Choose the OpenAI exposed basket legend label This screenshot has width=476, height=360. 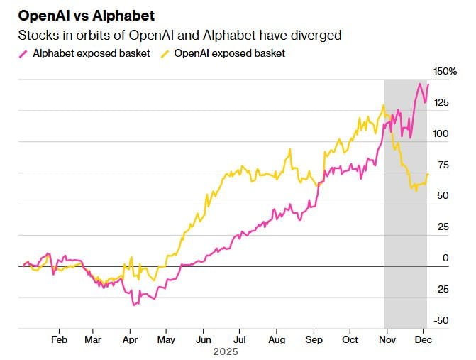tap(230, 53)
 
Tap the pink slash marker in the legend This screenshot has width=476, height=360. tap(24, 53)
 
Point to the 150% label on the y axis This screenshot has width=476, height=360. tap(445, 71)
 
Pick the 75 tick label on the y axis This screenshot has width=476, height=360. tap(443, 165)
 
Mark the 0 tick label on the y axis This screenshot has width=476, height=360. tap(445, 258)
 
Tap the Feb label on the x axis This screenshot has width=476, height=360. tap(59, 339)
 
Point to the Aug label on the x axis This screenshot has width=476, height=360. tap(276, 339)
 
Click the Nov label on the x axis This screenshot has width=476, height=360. tap(387, 339)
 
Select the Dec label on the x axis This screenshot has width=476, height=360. tap(424, 339)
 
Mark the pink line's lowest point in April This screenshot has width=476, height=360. tap(132, 305)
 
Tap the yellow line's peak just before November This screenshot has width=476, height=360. tap(384, 106)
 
